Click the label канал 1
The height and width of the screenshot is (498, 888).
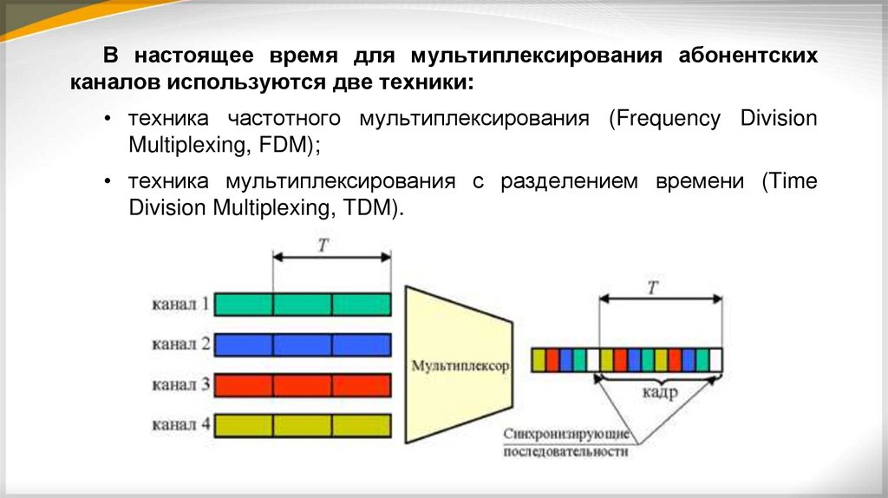[180, 305]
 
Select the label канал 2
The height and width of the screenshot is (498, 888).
[180, 344]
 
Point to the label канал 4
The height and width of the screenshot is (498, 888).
[180, 425]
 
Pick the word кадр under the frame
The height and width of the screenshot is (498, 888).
[660, 393]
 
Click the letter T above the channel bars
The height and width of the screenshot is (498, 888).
[323, 245]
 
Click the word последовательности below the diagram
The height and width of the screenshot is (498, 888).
[565, 452]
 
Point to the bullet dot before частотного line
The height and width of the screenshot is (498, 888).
[108, 119]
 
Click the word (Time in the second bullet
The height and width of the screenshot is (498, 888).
[788, 182]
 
